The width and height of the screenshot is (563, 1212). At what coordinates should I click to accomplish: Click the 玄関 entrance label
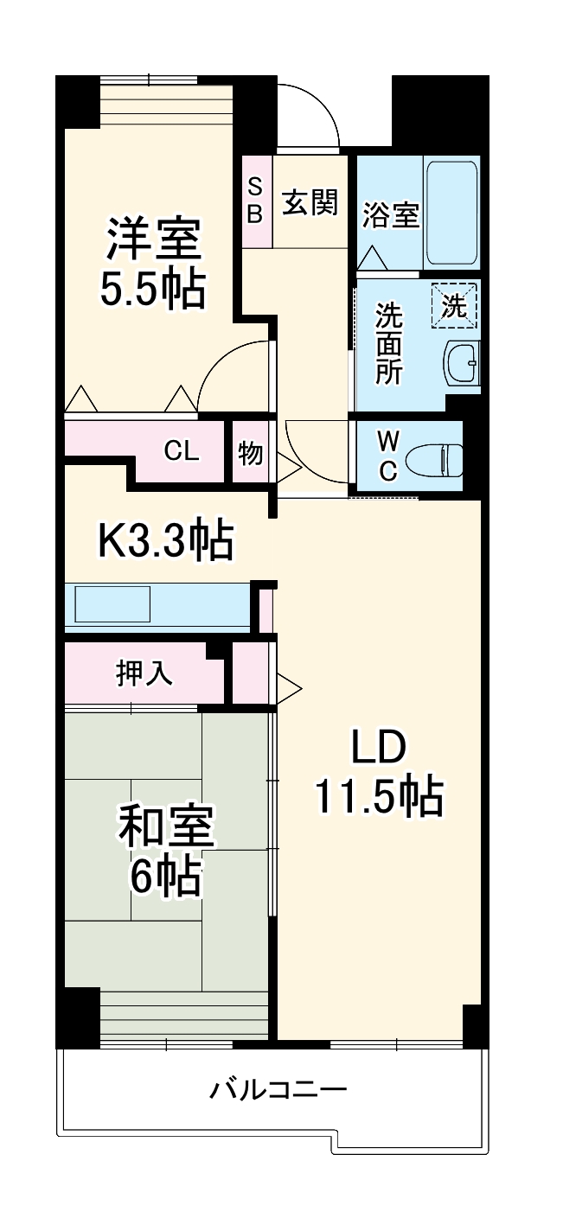click(310, 204)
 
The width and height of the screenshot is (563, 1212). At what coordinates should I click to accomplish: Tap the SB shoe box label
click(255, 201)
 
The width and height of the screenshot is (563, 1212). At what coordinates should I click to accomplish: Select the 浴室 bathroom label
click(391, 215)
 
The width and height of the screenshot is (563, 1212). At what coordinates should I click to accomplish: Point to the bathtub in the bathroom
click(451, 212)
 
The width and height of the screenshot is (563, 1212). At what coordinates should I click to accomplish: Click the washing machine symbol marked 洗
click(455, 305)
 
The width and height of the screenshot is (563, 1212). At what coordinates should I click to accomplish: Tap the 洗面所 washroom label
click(387, 344)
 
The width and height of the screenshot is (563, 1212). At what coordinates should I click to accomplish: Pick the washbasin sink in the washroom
click(462, 364)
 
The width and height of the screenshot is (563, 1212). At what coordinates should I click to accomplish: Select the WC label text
click(388, 456)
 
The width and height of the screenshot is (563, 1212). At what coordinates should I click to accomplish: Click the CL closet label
click(182, 450)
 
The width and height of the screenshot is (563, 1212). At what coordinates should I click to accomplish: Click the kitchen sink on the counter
click(112, 603)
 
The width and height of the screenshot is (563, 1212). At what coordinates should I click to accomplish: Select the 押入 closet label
click(144, 674)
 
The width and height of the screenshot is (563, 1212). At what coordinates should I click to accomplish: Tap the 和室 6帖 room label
click(165, 852)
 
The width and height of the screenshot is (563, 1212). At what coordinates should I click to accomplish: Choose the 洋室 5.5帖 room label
click(153, 264)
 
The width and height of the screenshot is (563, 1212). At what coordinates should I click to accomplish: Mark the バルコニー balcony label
click(278, 1089)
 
